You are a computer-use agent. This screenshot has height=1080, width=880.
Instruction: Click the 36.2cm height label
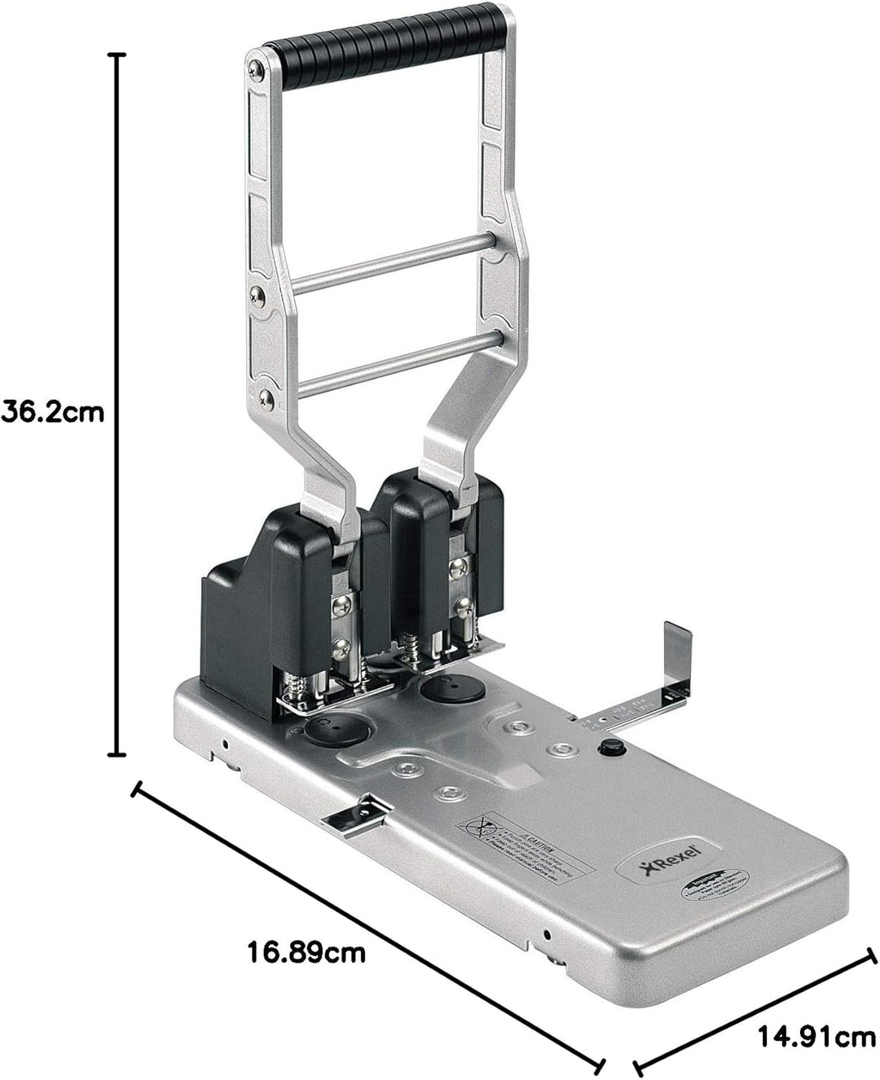pos(53,411)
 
